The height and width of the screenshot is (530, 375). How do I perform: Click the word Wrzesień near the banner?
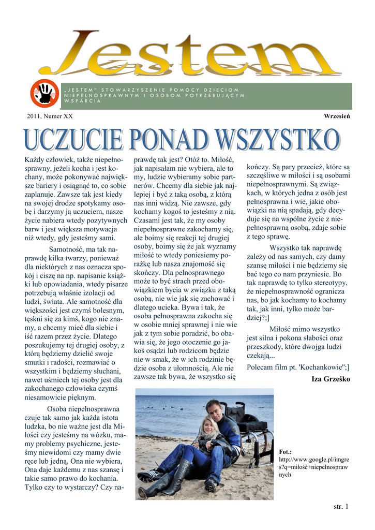coord(337,116)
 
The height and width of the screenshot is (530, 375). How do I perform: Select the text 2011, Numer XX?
coord(50,116)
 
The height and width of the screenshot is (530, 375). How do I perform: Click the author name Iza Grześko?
coord(331,379)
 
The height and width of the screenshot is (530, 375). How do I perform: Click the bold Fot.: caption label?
coord(286,452)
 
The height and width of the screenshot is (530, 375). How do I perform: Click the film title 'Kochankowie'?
coord(321,367)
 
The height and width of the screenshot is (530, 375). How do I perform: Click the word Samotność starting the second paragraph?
coord(67,250)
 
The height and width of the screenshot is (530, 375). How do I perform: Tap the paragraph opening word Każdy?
coord(36,159)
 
